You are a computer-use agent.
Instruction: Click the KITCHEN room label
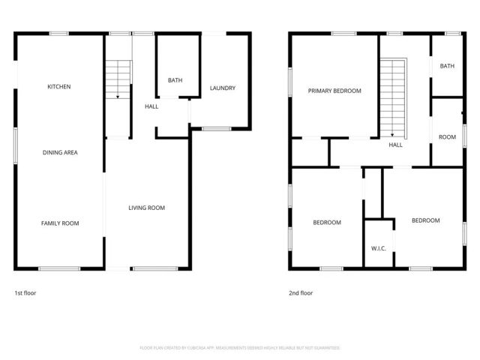pos(59,87)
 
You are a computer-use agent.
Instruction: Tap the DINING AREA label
pos(60,152)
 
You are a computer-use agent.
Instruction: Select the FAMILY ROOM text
pos(60,223)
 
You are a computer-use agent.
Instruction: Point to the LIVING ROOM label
pos(147,208)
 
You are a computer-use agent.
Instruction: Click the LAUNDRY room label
pos(223,88)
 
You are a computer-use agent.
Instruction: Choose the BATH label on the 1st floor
pos(175,80)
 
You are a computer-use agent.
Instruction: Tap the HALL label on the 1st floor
pos(151,106)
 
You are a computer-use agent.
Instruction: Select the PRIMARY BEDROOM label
pos(334,91)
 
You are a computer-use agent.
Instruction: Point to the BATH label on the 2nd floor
pos(447,66)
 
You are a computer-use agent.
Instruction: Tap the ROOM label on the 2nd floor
pos(447,137)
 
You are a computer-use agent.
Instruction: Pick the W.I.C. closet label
pos(378,248)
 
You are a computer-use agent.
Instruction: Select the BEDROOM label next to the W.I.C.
pos(426,220)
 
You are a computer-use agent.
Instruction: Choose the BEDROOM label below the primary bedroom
pos(327,222)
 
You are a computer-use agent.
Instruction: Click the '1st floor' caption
pos(25,293)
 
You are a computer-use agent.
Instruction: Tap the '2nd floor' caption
pos(301,293)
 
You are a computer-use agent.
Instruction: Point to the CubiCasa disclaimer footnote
pos(240,348)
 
